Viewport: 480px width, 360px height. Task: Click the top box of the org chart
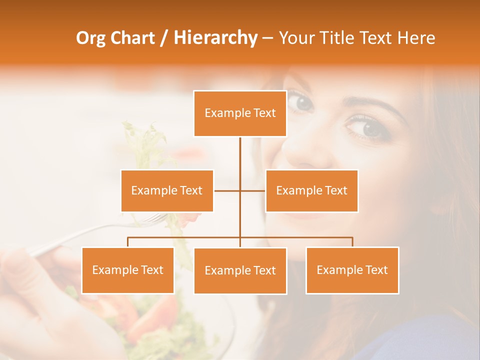240,113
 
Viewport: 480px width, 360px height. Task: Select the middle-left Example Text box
167,190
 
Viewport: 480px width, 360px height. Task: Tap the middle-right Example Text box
311,190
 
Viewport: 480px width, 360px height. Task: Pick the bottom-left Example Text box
127,270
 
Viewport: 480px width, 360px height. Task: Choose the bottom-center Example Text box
240,270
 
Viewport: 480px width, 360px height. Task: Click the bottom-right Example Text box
352,270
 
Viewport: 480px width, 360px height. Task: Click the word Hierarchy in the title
215,38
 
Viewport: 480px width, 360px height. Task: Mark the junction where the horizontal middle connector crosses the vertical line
240,190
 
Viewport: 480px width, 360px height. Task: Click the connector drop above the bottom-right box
352,242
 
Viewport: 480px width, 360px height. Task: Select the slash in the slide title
163,38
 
